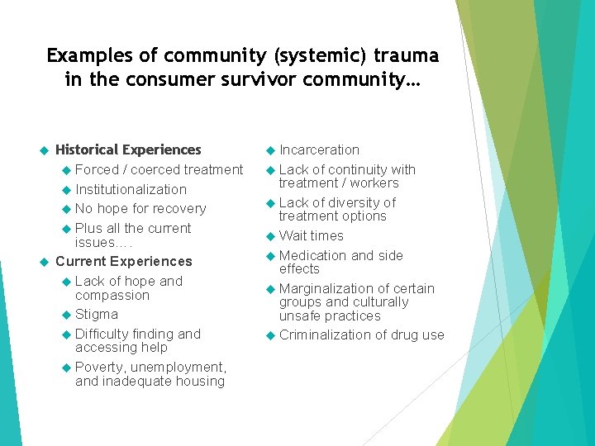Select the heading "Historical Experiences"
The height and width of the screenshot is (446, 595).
point(128,149)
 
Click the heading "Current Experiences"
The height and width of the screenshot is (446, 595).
point(123,261)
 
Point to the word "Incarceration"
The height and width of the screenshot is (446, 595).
point(319,149)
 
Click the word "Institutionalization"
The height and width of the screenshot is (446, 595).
point(131,189)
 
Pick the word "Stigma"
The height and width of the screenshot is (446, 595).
point(97,314)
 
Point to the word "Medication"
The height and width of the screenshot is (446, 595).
point(312,255)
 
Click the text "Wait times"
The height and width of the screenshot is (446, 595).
point(312,235)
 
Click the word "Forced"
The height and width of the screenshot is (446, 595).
point(97,169)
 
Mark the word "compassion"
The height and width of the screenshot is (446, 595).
point(112,295)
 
